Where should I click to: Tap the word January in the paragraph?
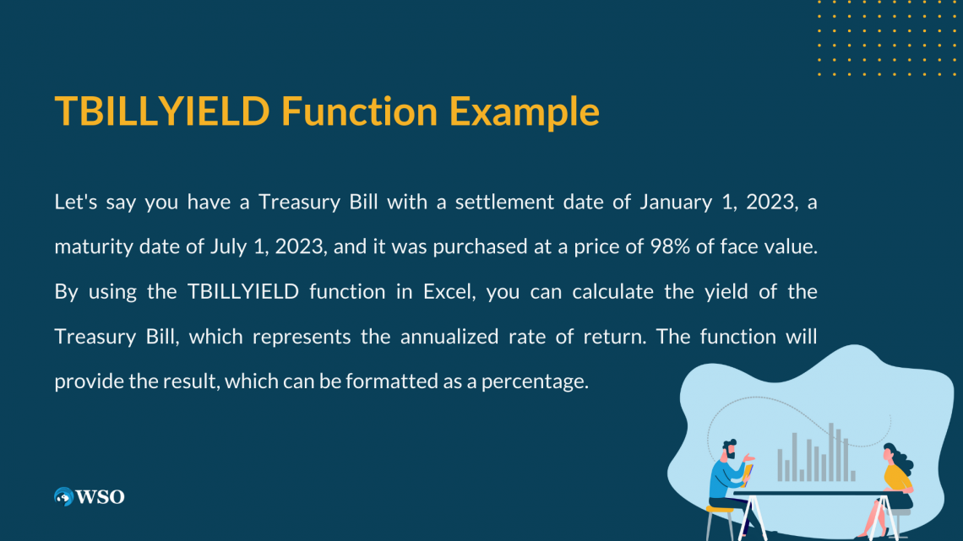[x=672, y=203]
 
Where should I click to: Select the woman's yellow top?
[x=897, y=479]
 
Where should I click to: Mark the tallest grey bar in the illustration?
[x=831, y=452]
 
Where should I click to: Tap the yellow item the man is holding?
[x=749, y=472]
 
